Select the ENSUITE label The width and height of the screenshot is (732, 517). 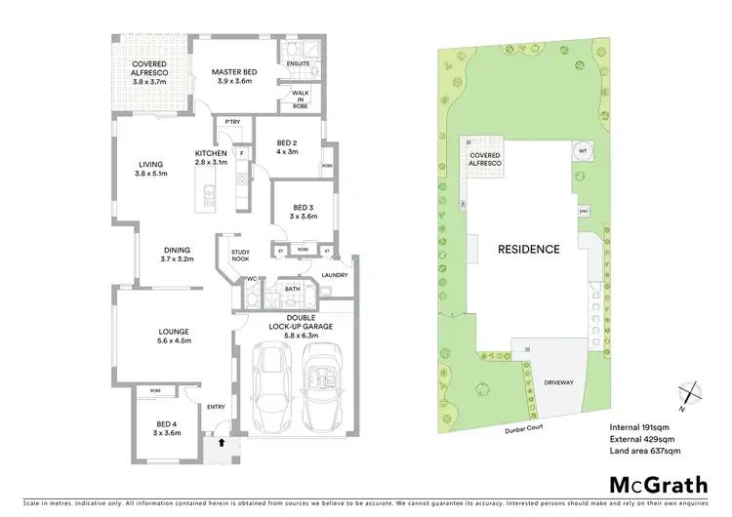pos(300,64)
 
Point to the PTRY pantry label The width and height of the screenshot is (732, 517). pos(232,122)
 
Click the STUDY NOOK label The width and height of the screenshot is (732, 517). pos(240,257)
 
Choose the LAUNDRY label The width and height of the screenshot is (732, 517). pos(334,275)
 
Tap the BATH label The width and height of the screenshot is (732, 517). pos(292,289)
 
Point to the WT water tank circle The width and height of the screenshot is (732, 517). pos(583,152)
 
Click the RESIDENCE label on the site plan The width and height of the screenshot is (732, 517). pos(529,249)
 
